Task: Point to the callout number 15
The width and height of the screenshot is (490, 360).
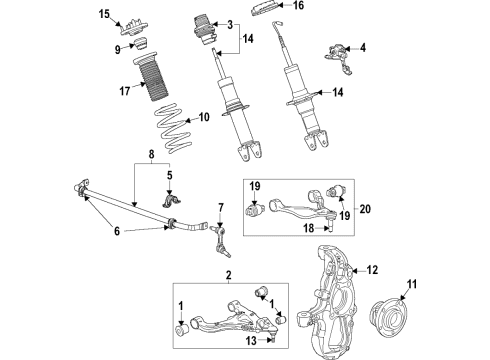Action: [x=104, y=13]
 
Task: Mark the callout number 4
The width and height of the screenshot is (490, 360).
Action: [x=362, y=46]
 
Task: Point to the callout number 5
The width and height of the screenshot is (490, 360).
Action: [x=170, y=174]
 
